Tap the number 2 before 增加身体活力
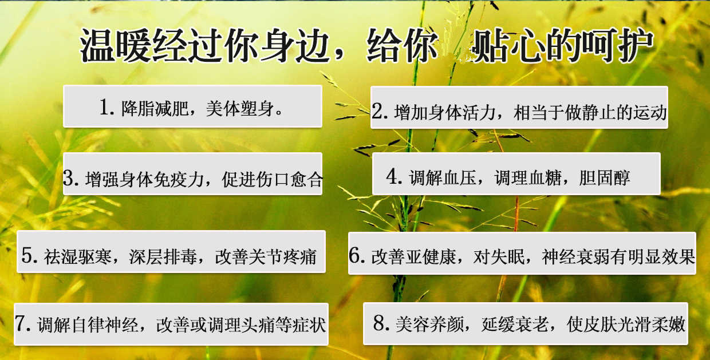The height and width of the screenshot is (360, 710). (x=378, y=111)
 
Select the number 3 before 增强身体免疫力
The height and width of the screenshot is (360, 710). (x=69, y=178)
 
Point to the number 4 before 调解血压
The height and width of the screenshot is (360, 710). (x=392, y=176)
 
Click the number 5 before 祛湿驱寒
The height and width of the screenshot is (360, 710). (x=27, y=255)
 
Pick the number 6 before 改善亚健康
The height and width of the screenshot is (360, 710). (x=354, y=255)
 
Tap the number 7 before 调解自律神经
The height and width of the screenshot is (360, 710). (x=21, y=323)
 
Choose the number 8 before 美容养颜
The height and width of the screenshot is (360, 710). (x=380, y=323)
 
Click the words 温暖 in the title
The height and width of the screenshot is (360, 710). (x=116, y=45)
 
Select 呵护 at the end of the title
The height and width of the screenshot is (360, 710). (x=617, y=45)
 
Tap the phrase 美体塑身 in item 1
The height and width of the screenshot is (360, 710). (x=240, y=108)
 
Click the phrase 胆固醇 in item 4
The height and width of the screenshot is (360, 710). (x=605, y=177)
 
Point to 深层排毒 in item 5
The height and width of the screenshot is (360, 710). (x=163, y=256)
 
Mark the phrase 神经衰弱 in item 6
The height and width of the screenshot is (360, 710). (x=575, y=256)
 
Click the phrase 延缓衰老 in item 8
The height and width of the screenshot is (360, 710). (x=515, y=324)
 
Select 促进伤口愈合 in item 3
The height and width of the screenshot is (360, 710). (x=273, y=179)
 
